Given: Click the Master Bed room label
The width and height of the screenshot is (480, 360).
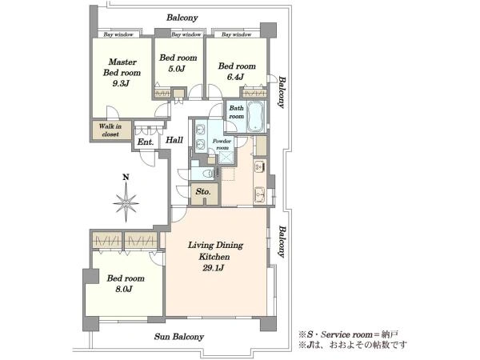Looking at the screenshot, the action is [x=122, y=67].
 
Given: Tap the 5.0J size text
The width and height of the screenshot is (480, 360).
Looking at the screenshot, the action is [x=177, y=69].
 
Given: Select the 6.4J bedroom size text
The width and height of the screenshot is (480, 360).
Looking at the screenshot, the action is [x=235, y=77].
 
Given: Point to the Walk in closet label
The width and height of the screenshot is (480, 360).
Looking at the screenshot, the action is [x=110, y=130].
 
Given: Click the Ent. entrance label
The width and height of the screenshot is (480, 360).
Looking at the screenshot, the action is [x=146, y=142].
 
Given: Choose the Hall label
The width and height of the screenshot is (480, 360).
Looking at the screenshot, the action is [x=174, y=140].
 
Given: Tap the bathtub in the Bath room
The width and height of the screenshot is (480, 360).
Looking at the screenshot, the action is [x=257, y=117].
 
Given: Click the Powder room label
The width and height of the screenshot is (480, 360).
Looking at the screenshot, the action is [x=222, y=144].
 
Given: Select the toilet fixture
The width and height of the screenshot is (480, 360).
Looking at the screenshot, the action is [x=209, y=174].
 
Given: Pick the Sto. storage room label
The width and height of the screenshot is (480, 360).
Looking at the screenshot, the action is [x=203, y=192].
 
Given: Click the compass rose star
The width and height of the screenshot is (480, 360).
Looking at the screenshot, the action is [x=126, y=202].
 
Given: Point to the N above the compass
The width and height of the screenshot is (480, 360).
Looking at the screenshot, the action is [x=126, y=177].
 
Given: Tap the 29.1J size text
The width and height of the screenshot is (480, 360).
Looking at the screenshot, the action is [x=213, y=268].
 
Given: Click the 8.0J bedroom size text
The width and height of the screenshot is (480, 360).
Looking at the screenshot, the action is [x=124, y=289].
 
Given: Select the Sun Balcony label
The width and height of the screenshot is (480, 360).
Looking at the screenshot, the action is [x=178, y=337].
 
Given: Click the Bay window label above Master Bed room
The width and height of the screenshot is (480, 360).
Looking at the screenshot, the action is [x=118, y=34].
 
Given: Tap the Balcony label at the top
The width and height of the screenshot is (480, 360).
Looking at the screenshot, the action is [x=182, y=18].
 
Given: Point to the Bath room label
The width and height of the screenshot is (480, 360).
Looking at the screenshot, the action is [x=237, y=112].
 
